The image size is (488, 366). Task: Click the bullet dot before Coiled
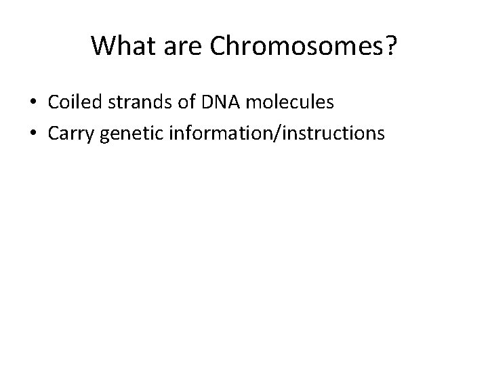click(33, 103)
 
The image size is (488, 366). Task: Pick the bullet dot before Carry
click(33, 134)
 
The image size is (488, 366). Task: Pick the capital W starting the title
click(103, 46)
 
